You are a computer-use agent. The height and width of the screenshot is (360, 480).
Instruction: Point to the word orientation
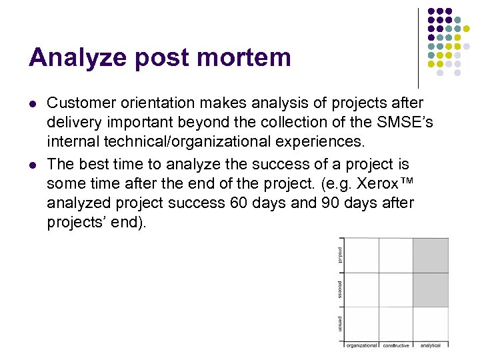[153, 103]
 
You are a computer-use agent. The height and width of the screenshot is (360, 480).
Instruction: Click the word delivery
[74, 123]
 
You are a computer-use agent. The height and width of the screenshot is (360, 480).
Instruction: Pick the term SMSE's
[395, 123]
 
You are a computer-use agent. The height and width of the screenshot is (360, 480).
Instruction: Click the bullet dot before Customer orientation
[32, 104]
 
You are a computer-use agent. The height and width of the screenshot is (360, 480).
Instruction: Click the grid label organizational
[361, 345]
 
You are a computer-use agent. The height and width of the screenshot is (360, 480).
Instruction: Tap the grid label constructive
[396, 345]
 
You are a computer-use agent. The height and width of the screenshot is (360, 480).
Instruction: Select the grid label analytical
[431, 345]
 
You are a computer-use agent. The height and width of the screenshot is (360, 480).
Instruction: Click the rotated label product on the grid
[340, 255]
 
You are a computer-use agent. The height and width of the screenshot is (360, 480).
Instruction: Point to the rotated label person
[340, 323]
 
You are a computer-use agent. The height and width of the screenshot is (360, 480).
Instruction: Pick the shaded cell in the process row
[431, 289]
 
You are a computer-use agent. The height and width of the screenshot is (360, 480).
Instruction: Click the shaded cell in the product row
[431, 255]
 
